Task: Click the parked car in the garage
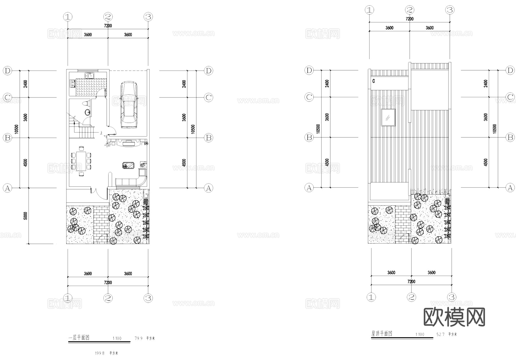point(129,105)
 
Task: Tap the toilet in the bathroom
point(85,103)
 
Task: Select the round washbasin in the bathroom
point(87,112)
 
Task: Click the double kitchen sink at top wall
point(90,75)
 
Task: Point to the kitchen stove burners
point(72,83)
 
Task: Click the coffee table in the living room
point(128,166)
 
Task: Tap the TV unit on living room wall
point(128,143)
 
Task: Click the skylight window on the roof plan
point(388,117)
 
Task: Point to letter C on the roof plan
point(374,81)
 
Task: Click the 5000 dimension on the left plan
point(25,216)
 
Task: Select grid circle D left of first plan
point(7,71)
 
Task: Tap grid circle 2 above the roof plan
point(409,10)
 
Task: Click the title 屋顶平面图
point(382,334)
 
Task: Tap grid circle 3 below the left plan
point(148,298)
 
